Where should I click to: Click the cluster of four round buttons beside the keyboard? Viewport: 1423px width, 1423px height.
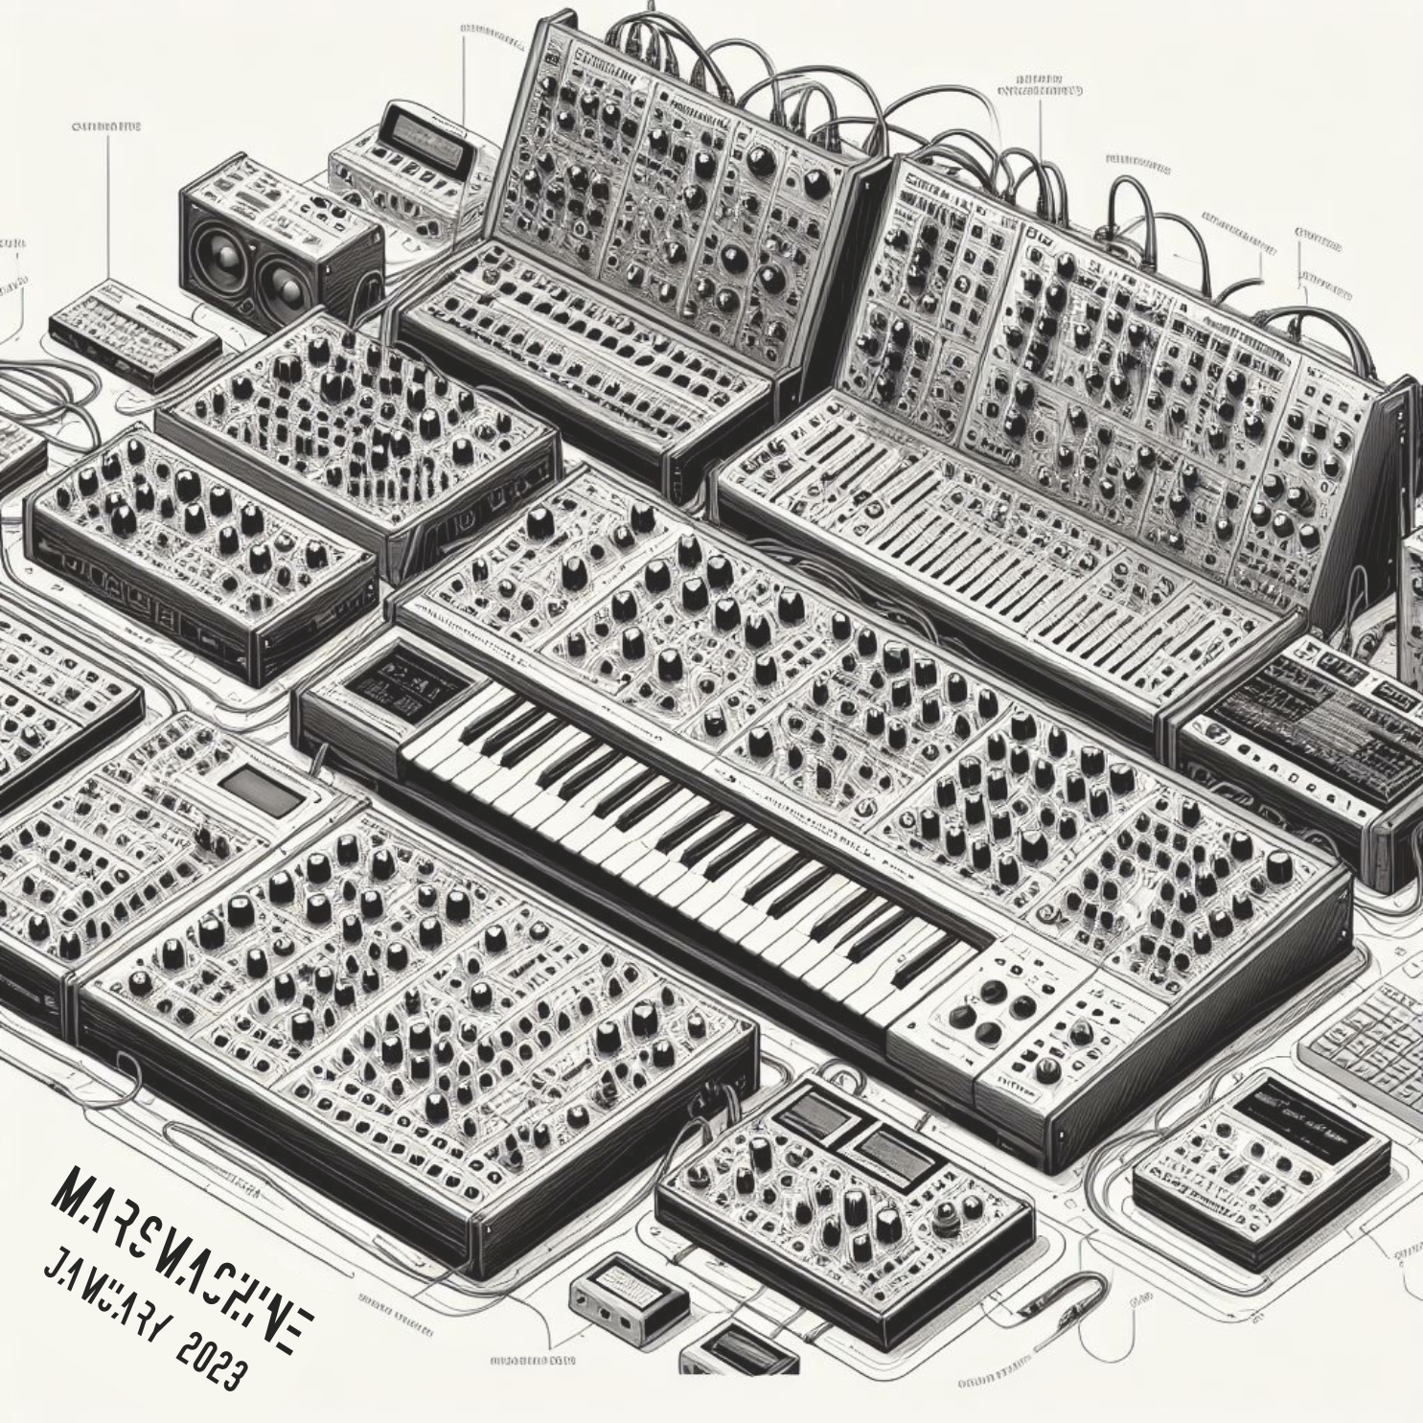[987, 1016]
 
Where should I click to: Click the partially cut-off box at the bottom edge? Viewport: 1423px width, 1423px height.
[738, 1356]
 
